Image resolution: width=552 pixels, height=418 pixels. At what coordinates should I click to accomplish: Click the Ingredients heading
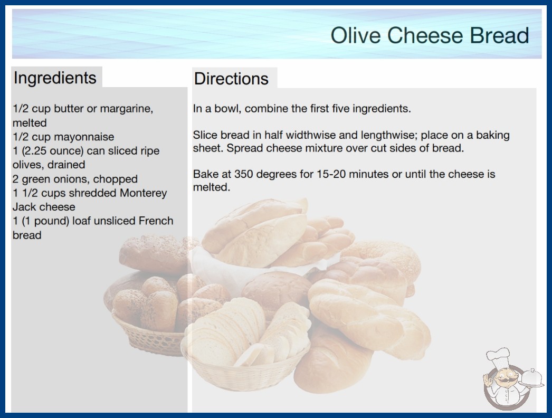pyautogui.click(x=55, y=78)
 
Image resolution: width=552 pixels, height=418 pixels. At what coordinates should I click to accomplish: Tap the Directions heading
pyautogui.click(x=231, y=79)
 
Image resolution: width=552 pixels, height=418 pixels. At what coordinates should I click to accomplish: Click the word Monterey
pyautogui.click(x=144, y=193)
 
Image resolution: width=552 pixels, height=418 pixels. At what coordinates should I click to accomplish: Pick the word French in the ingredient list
pyautogui.click(x=156, y=221)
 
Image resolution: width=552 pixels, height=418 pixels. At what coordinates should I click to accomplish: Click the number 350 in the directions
pyautogui.click(x=244, y=174)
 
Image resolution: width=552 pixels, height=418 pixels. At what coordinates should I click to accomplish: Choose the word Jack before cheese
pyautogui.click(x=24, y=207)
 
